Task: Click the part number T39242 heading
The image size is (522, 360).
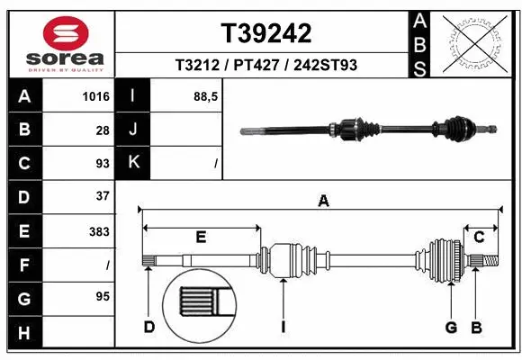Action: click(266, 33)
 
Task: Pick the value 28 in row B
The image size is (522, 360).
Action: click(103, 130)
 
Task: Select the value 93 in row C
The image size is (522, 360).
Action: click(103, 164)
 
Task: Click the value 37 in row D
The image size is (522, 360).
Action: click(103, 195)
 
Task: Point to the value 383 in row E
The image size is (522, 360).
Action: click(99, 230)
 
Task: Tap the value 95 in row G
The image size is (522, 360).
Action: click(103, 296)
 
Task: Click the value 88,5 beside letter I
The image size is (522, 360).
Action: click(206, 96)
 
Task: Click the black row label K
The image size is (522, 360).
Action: click(133, 163)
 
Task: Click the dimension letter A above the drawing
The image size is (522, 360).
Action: click(322, 202)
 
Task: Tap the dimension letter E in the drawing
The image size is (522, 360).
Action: click(201, 237)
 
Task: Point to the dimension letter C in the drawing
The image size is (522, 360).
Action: click(480, 237)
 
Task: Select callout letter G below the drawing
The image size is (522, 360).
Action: click(451, 327)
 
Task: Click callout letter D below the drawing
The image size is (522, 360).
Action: click(149, 327)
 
